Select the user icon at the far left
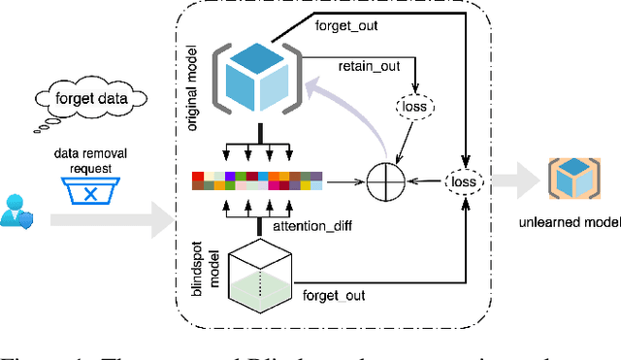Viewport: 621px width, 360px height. [x=17, y=213]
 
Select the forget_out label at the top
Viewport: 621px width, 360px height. [x=345, y=25]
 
